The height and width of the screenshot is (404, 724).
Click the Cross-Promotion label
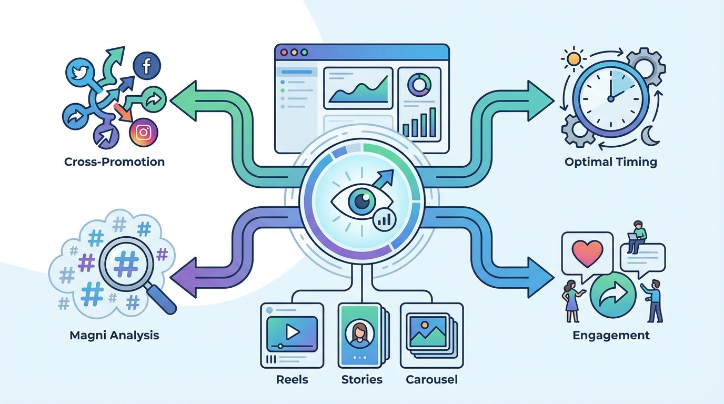pyautogui.click(x=114, y=162)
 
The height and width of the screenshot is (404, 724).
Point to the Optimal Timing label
pyautogui.click(x=611, y=162)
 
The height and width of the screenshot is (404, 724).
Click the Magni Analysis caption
pyautogui.click(x=114, y=335)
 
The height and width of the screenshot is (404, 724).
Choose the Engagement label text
pyautogui.click(x=611, y=335)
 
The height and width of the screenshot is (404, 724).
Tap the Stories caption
pyautogui.click(x=361, y=379)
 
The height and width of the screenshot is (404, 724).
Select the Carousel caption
pyautogui.click(x=431, y=379)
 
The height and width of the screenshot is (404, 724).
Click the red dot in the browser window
pyautogui.click(x=285, y=53)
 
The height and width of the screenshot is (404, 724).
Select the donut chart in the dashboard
pyautogui.click(x=419, y=84)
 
